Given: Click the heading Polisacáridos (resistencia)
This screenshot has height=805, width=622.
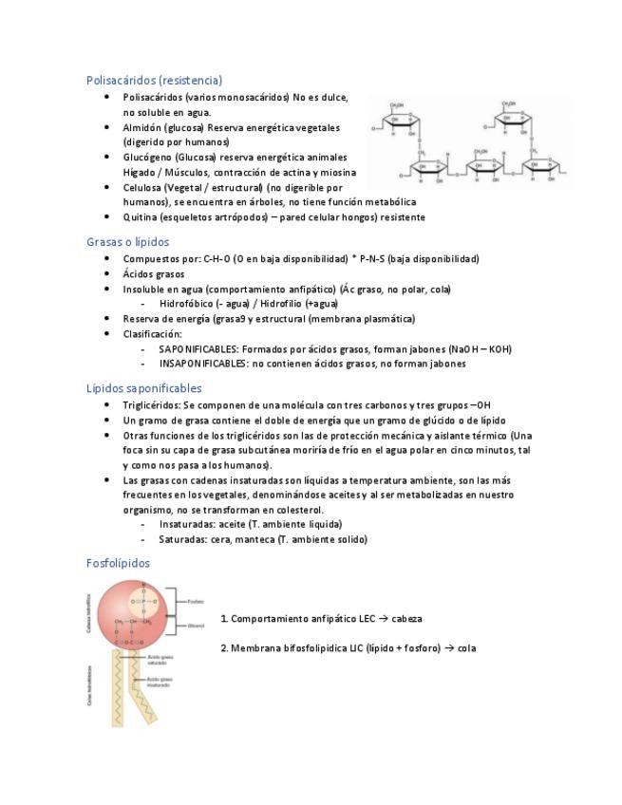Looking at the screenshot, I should coord(154,80).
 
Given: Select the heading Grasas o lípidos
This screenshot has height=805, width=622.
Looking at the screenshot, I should coord(127,242).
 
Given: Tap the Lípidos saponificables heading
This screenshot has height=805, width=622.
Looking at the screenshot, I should coord(143,388).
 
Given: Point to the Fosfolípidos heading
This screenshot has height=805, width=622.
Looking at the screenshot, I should coord(118,563).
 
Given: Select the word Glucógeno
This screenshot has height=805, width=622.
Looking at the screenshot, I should coord(144,157).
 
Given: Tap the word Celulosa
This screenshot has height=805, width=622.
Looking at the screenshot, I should coord(142,187).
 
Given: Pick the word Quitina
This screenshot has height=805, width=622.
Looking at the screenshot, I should coord(140,217).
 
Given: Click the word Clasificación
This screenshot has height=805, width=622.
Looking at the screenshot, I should coord(152,333).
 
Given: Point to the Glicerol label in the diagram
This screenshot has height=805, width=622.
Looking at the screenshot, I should coord(196,626).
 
